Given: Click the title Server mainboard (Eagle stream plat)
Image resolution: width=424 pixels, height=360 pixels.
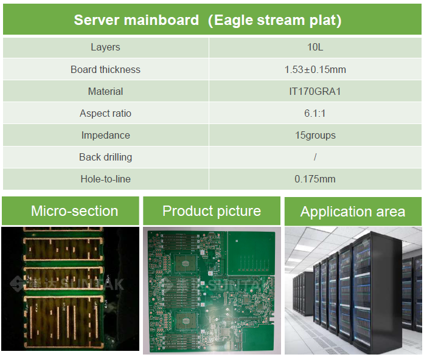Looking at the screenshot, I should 207,20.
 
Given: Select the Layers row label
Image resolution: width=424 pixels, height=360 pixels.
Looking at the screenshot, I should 105,47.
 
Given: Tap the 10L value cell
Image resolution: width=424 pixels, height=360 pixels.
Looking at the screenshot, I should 315,47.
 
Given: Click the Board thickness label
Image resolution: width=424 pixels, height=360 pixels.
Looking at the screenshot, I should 105,69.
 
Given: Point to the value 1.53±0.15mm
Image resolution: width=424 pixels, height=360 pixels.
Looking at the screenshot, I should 315,69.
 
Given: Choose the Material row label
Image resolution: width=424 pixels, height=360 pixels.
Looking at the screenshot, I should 105,91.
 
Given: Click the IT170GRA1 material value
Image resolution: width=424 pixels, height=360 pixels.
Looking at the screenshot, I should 315,91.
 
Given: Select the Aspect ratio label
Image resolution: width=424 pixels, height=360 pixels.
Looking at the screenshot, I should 105,113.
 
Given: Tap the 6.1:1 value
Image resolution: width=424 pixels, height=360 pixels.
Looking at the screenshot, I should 315,113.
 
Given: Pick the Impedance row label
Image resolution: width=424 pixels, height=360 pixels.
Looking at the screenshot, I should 105,135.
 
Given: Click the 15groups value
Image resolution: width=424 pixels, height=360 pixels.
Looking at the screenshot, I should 315,135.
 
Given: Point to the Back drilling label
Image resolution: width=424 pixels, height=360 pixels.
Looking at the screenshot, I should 105,157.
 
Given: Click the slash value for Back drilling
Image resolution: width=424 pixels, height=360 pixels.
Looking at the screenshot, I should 315,157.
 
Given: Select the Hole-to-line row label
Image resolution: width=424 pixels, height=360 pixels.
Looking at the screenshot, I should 105,179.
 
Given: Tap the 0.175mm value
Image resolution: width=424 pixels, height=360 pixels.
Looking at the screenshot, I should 315,179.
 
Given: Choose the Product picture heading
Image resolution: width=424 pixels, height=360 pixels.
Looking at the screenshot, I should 212,211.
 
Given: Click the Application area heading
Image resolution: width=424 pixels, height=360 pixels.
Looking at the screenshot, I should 353,212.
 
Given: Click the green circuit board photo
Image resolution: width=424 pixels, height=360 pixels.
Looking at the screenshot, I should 212,291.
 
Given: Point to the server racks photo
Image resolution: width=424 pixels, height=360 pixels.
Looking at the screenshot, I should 353,291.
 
